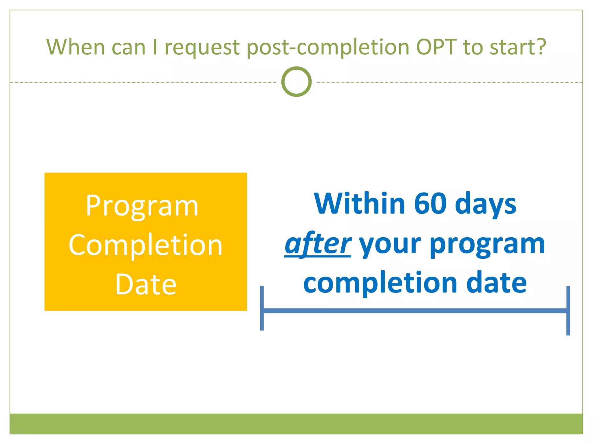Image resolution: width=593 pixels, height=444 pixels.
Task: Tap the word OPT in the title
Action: pos(436,47)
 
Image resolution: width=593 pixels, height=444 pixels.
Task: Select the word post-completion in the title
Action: pos(328,47)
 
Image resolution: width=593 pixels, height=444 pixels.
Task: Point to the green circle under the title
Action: pos(296,82)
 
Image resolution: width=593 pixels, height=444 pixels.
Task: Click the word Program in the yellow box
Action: pos(142,206)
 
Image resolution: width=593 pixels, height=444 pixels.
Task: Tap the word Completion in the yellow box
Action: pos(145,245)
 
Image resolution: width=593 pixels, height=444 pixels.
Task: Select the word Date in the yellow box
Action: pos(146,284)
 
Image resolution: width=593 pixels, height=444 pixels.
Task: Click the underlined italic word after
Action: pos(318,244)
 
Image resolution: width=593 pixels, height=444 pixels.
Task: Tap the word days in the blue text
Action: pos(486,204)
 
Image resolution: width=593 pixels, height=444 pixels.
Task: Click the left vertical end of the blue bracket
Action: pos(262,308)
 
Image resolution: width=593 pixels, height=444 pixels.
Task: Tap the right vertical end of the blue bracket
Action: pos(568,310)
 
